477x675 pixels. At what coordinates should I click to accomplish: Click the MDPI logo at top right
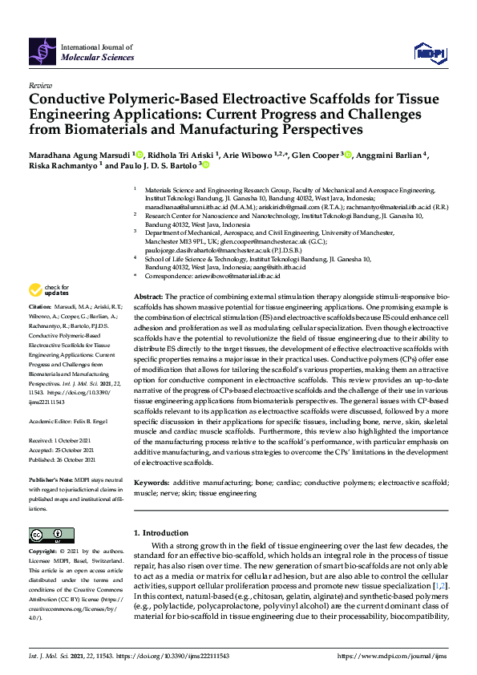pyautogui.click(x=430, y=53)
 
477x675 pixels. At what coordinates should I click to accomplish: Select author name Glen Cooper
pyautogui.click(x=314, y=155)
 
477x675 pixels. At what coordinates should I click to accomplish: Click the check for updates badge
pyautogui.click(x=50, y=289)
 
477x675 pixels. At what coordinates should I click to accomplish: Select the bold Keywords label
pyautogui.click(x=151, y=483)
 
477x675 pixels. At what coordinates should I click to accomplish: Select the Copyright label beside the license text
pyautogui.click(x=46, y=552)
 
